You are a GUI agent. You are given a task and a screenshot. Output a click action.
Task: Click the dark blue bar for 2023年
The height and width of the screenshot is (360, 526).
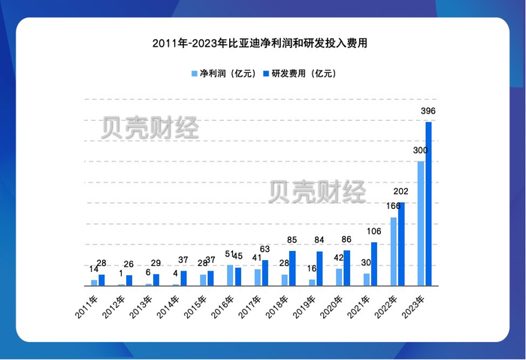pos(429,203)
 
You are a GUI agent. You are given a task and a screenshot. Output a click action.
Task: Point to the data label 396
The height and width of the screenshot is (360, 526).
pos(428,112)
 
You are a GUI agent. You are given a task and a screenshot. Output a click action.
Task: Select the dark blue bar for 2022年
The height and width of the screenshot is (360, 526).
pos(401,244)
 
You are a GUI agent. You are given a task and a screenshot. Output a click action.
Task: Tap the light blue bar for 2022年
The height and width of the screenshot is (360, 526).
pos(393,251)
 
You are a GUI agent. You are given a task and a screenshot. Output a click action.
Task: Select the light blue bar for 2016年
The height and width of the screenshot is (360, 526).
pos(230,275)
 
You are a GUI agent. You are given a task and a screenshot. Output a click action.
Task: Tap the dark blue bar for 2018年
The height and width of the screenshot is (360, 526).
pos(292,268)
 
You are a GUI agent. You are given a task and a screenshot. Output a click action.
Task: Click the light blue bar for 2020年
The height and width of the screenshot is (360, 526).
pos(339,277)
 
